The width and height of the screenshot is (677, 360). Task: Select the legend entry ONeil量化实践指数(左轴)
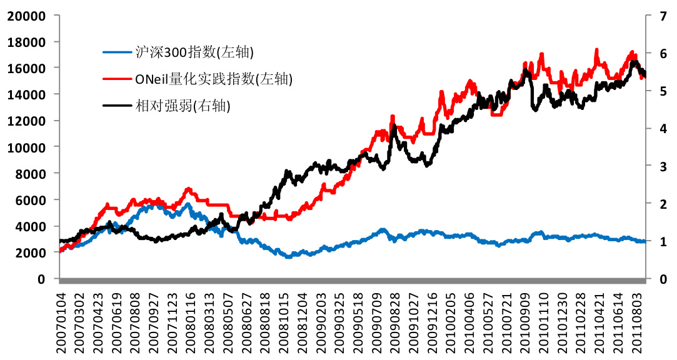tap(213, 79)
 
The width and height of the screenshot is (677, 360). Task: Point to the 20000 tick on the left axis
tap(26, 15)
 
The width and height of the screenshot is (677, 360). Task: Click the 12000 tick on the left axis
tap(26, 121)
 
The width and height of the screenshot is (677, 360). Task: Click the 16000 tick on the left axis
tap(26, 67)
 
